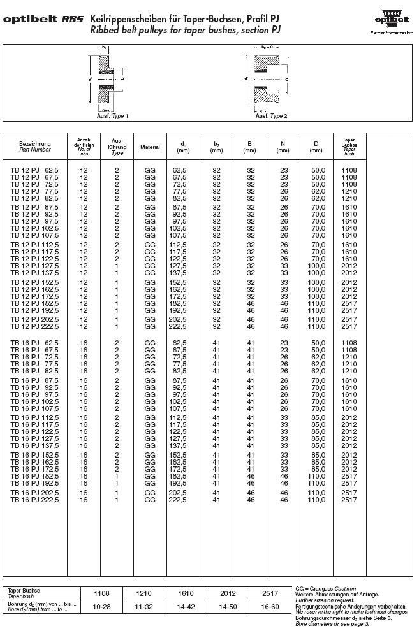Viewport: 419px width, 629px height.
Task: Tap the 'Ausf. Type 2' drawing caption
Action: pos(271,116)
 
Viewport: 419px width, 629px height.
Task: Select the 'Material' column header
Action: pos(151,147)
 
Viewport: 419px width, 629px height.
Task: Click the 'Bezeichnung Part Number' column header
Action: pos(34,147)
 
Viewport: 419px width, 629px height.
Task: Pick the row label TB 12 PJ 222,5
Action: pos(34,326)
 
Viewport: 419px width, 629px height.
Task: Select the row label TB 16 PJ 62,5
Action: pos(34,344)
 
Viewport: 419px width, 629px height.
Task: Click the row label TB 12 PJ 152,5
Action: pos(34,282)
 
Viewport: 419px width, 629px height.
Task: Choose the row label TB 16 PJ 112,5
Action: pos(34,418)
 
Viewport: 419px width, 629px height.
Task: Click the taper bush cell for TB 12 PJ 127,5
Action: pos(349,267)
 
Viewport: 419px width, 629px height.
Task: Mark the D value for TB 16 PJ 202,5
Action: pos(316,493)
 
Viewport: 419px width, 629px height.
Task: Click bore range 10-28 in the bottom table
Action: pos(102,606)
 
